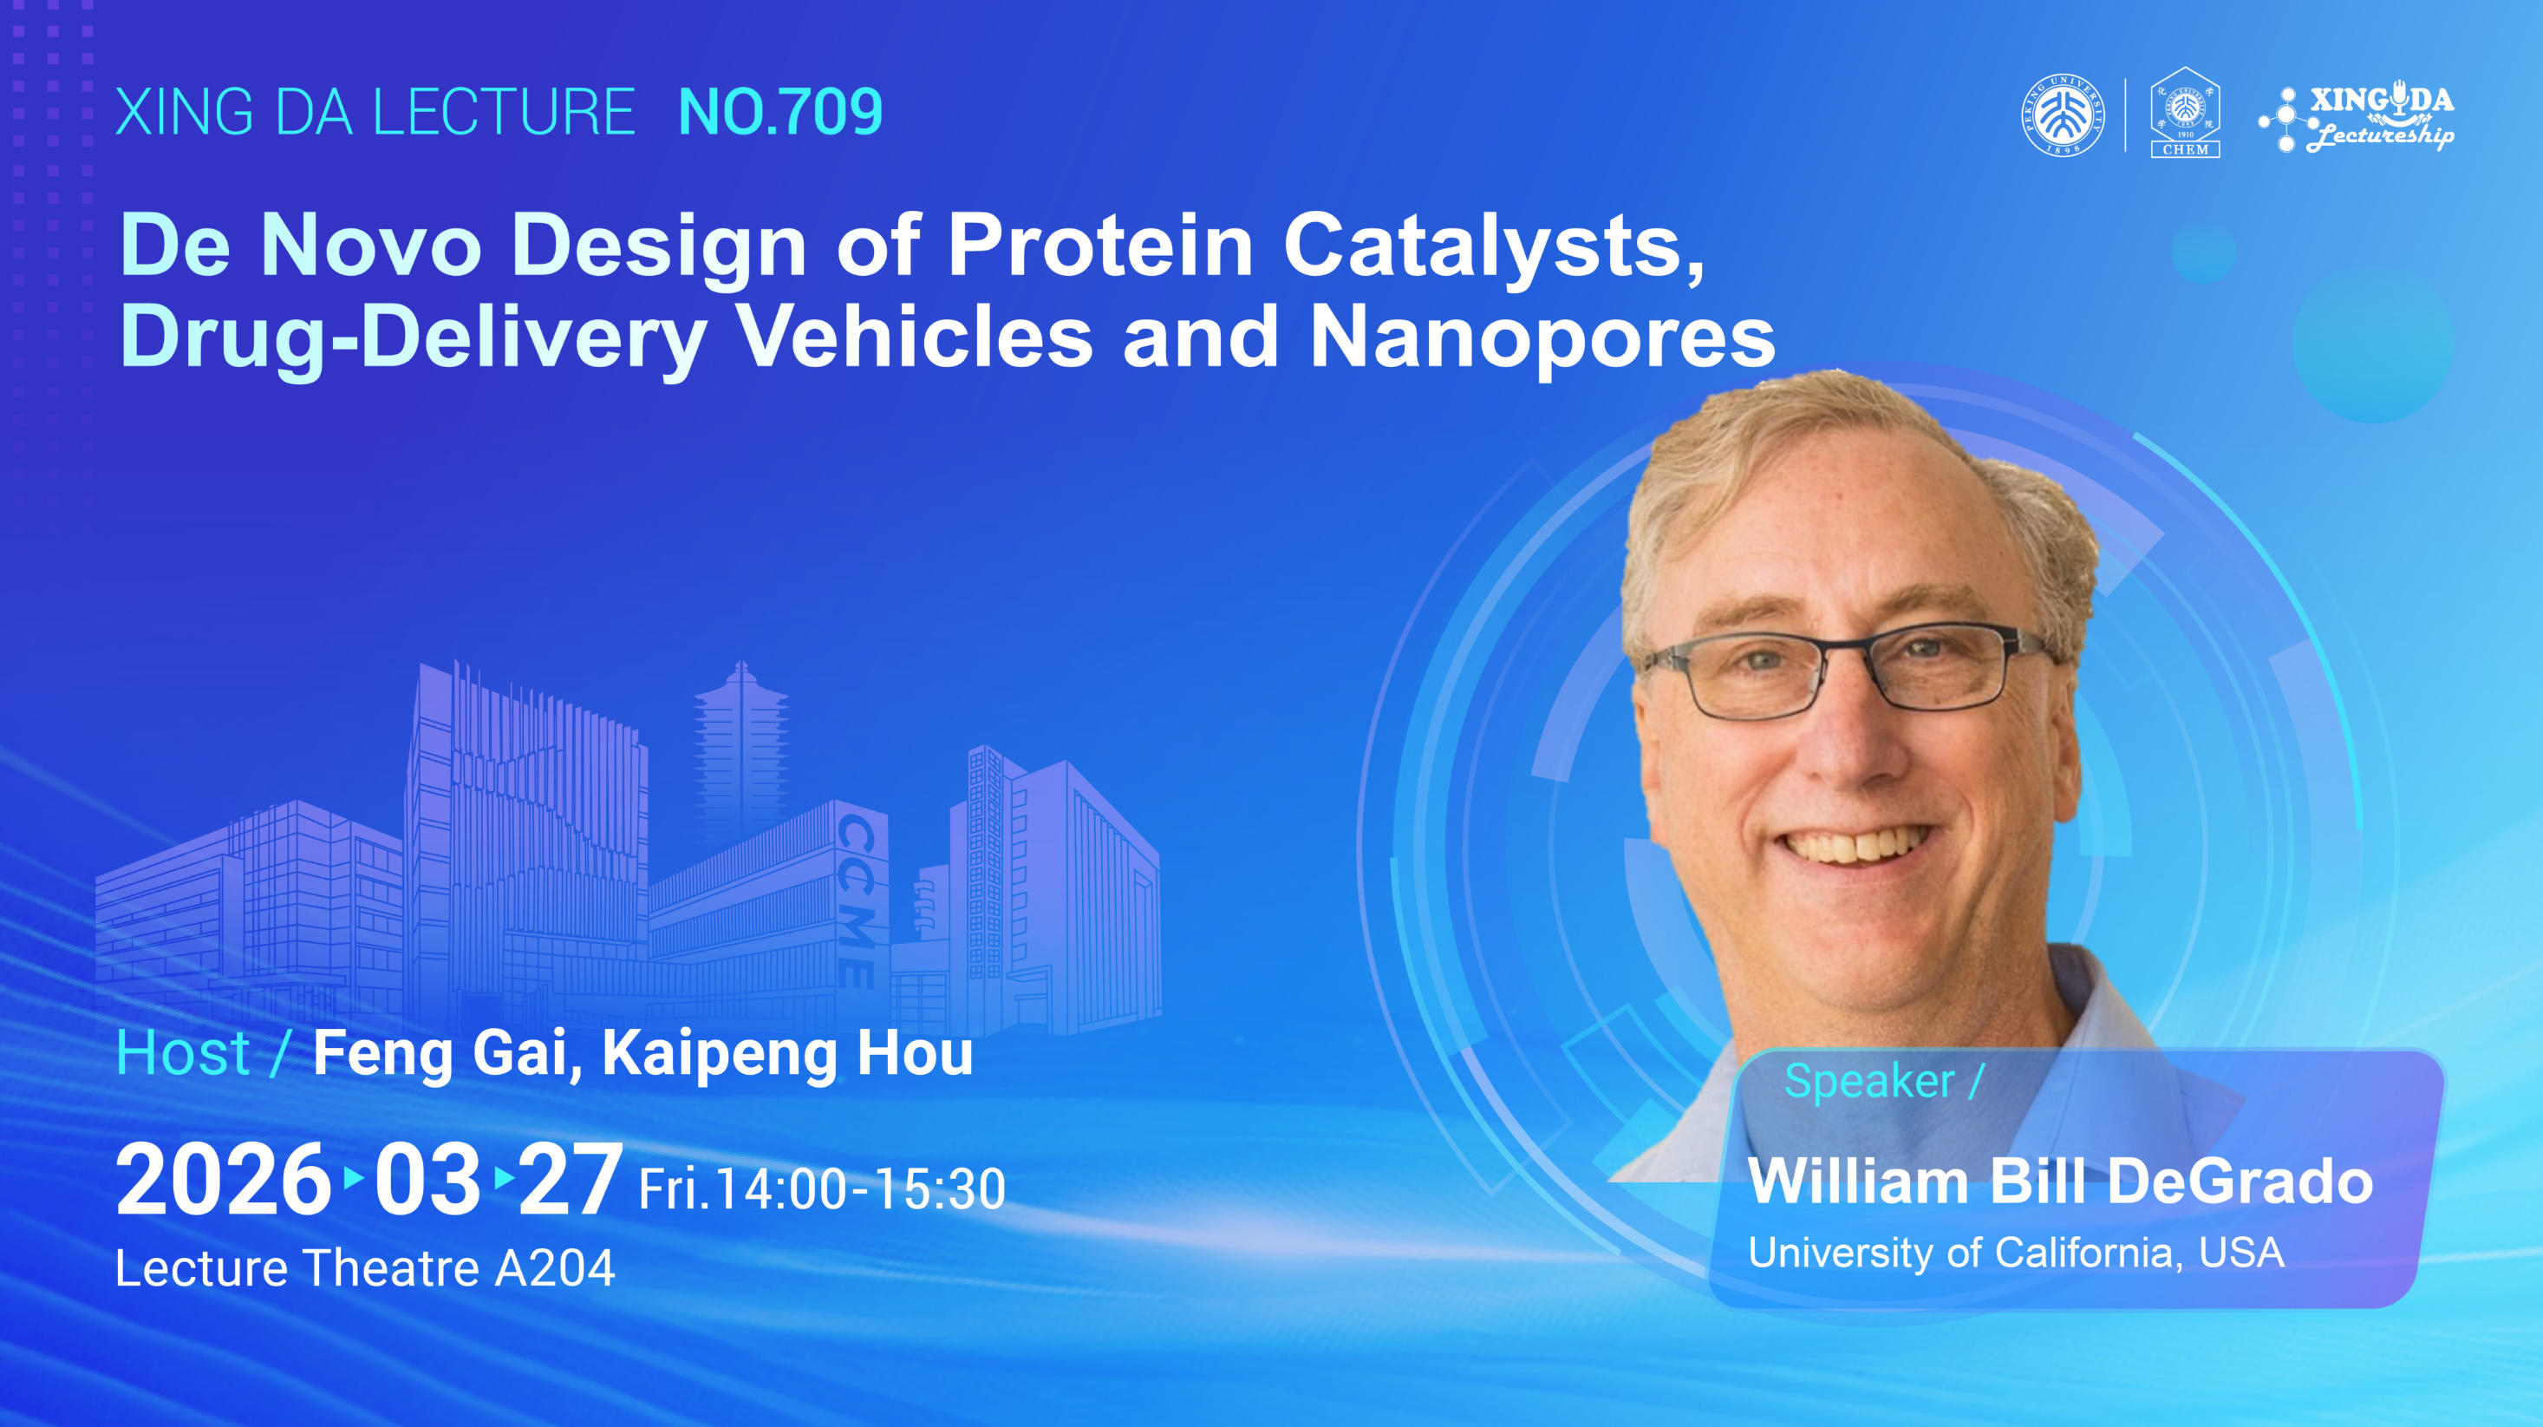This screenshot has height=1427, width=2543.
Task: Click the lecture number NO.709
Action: click(x=779, y=112)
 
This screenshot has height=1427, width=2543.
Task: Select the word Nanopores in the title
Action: click(x=1542, y=338)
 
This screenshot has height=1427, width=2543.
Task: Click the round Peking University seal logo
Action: click(x=2064, y=115)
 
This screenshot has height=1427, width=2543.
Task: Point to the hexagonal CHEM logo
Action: click(x=2186, y=112)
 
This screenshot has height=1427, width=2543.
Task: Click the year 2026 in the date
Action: click(x=222, y=1179)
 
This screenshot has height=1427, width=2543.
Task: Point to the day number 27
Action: click(x=570, y=1179)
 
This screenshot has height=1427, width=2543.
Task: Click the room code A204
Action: click(x=555, y=1268)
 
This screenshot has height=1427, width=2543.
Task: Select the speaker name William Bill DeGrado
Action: click(x=2060, y=1182)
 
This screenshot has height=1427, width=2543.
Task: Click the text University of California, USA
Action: click(x=2016, y=1254)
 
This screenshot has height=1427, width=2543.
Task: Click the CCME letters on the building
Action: click(x=857, y=900)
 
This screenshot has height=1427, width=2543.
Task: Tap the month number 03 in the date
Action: click(x=427, y=1179)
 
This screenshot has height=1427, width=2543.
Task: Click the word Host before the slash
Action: click(x=183, y=1054)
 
